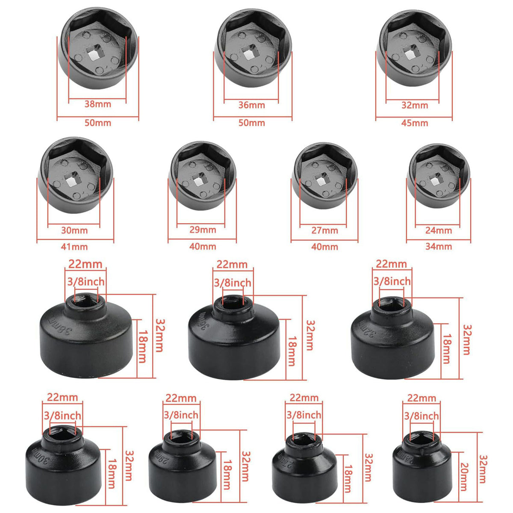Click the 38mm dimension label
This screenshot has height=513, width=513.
(x=97, y=104)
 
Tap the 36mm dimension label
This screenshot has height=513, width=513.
(x=251, y=105)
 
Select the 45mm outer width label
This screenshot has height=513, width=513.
(x=414, y=123)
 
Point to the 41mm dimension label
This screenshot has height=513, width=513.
(x=74, y=247)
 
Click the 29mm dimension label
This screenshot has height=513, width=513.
(x=203, y=230)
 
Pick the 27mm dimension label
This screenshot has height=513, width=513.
(x=324, y=230)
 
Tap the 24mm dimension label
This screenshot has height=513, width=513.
(x=439, y=230)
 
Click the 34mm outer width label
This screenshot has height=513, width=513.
(x=439, y=246)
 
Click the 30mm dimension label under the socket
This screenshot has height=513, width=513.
(x=74, y=230)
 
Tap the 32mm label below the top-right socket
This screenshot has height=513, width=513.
(x=414, y=105)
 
